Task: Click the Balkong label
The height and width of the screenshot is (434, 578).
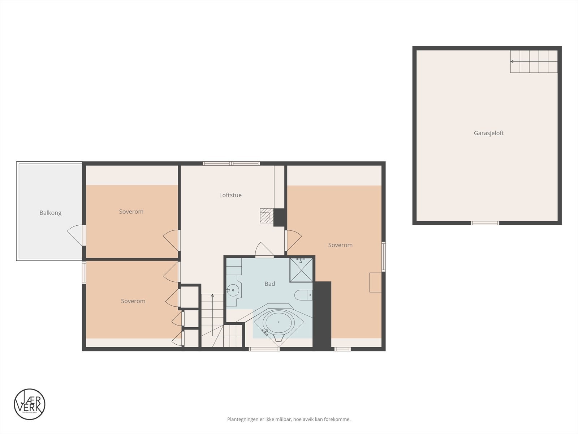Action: click(50, 213)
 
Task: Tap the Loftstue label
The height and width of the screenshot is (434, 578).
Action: click(230, 195)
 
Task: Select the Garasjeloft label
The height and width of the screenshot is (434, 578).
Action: click(488, 133)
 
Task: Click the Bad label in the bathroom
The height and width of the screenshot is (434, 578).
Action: click(269, 284)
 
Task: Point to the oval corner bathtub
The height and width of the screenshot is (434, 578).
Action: click(278, 322)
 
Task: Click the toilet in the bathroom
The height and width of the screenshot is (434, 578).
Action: click(303, 295)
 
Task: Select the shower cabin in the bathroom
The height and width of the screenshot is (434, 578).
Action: click(301, 269)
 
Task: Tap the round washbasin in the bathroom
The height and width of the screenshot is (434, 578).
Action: click(233, 289)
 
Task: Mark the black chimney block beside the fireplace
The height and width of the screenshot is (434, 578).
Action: click(280, 217)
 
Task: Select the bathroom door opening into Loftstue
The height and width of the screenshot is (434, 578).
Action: click(264, 251)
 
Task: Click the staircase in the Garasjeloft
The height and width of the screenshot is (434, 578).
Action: click(534, 61)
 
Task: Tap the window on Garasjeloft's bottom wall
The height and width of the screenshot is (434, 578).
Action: click(485, 223)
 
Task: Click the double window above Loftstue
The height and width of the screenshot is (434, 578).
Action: click(231, 163)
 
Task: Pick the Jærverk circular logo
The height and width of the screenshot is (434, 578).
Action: click(30, 404)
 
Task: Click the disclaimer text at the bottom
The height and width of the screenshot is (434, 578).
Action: click(289, 420)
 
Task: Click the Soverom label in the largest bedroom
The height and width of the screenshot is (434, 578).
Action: click(340, 245)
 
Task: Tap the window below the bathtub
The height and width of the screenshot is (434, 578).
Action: click(264, 349)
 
